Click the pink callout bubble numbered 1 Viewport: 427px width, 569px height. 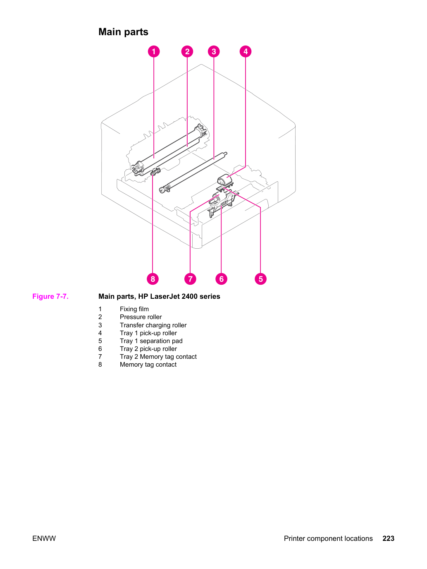click(x=153, y=51)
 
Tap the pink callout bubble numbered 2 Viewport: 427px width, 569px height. click(x=187, y=51)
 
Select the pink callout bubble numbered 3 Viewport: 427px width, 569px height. click(x=214, y=51)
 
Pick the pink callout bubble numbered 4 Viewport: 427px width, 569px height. click(x=246, y=51)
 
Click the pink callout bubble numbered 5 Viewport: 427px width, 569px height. click(x=260, y=279)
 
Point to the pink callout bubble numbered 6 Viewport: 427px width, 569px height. click(x=222, y=279)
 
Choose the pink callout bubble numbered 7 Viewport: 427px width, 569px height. click(x=190, y=279)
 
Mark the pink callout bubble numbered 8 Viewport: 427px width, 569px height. click(x=153, y=279)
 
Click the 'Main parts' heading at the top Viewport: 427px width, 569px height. click(x=123, y=32)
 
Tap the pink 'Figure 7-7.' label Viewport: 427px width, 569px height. click(x=50, y=296)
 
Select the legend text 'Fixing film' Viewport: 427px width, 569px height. click(x=134, y=309)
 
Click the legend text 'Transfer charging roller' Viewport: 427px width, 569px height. click(x=153, y=325)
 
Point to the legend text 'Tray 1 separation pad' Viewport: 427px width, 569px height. click(x=151, y=341)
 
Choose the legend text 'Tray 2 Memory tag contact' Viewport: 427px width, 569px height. click(x=158, y=357)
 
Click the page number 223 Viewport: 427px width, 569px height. click(x=389, y=538)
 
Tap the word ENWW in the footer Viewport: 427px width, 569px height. click(x=44, y=538)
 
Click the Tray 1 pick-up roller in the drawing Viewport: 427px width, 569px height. click(x=224, y=179)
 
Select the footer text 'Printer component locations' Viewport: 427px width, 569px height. click(x=328, y=538)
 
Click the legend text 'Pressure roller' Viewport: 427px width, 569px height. click(x=141, y=317)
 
